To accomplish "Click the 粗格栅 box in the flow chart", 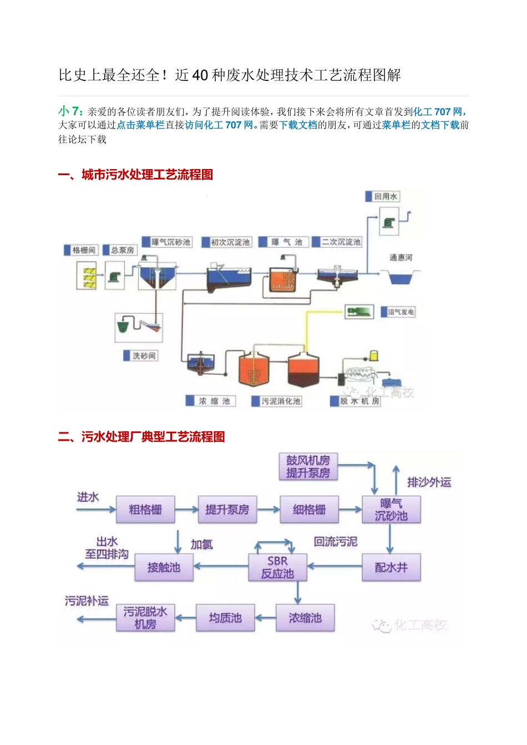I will click(145, 509).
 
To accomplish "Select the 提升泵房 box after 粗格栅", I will click(227, 509).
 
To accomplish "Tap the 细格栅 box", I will click(309, 509).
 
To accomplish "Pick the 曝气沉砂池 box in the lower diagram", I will click(391, 509).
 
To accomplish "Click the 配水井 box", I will click(391, 567).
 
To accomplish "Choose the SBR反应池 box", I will click(277, 567).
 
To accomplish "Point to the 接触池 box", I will click(164, 567).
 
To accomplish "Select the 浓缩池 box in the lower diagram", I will click(305, 618).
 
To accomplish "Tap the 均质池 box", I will click(225, 618).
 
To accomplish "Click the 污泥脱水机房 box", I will click(145, 618).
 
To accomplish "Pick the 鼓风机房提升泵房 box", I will click(308, 466).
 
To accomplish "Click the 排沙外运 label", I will click(429, 482).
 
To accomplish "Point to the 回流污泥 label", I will click(336, 542).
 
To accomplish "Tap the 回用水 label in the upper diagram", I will click(386, 196).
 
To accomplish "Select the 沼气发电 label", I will click(401, 312).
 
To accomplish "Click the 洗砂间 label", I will click(144, 356).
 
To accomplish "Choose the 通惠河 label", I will click(401, 257).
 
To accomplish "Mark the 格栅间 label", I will click(84, 251).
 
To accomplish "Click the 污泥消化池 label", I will click(280, 401).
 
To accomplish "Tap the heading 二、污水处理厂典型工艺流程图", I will click(141, 437).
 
